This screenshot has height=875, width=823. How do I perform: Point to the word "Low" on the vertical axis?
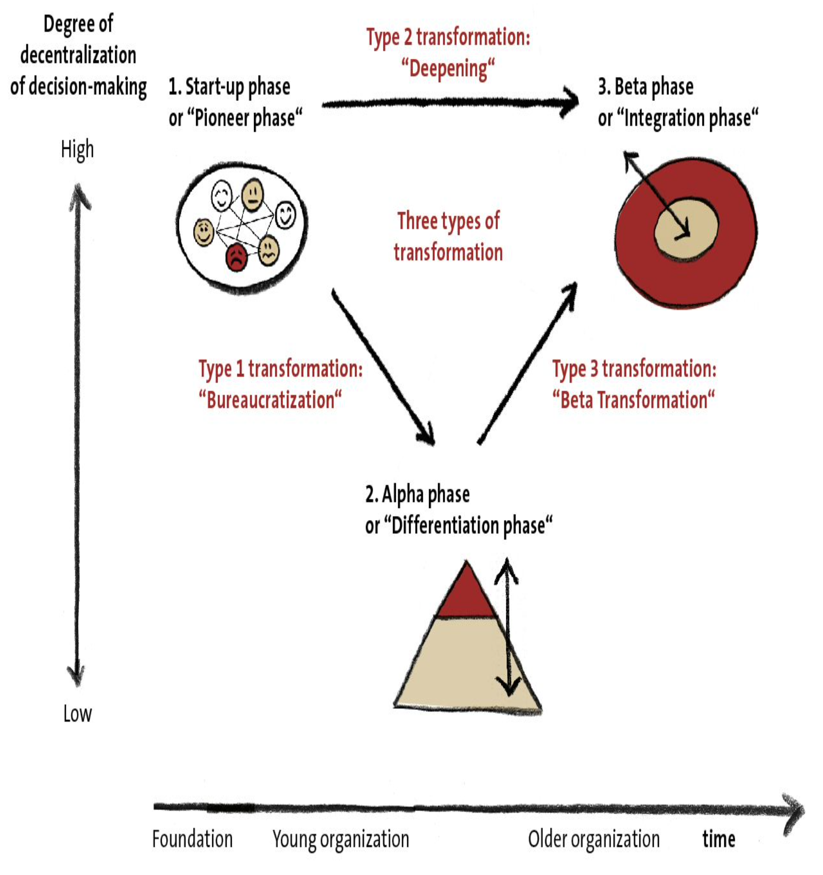[x=78, y=713]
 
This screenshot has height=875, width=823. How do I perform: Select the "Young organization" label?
[x=341, y=839]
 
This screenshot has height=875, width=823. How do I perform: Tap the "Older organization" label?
[x=594, y=839]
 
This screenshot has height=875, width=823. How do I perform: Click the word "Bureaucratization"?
[x=270, y=400]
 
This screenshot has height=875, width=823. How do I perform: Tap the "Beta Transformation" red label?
[x=633, y=400]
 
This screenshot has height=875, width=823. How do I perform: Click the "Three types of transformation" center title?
[x=448, y=236]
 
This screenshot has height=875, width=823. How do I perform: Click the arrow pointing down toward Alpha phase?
[x=383, y=367]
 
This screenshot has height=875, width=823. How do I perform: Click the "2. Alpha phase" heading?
[x=417, y=495]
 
